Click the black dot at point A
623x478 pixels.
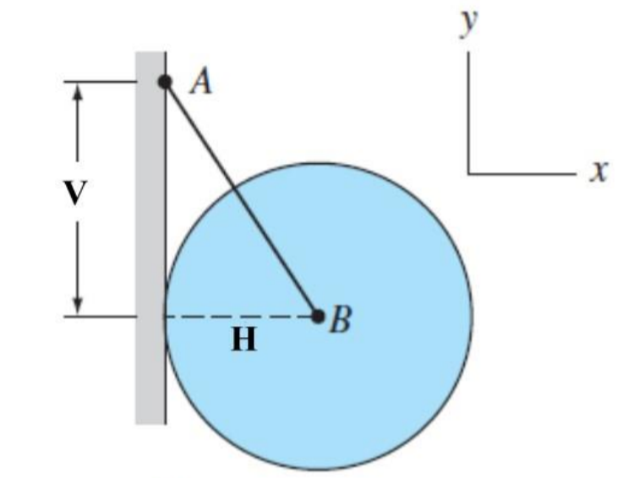pos(165,82)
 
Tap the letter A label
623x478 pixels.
pos(201,82)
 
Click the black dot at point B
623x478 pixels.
pos(318,317)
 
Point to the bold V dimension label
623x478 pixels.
pos(77,193)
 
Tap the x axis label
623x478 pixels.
pos(599,171)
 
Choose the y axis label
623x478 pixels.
pos(467,24)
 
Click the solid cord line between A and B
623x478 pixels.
pos(241,198)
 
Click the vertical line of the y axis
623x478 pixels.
pos(467,110)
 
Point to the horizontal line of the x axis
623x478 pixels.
pos(524,174)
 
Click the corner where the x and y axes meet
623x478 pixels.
pos(467,174)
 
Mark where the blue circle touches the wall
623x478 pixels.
pos(165,317)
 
